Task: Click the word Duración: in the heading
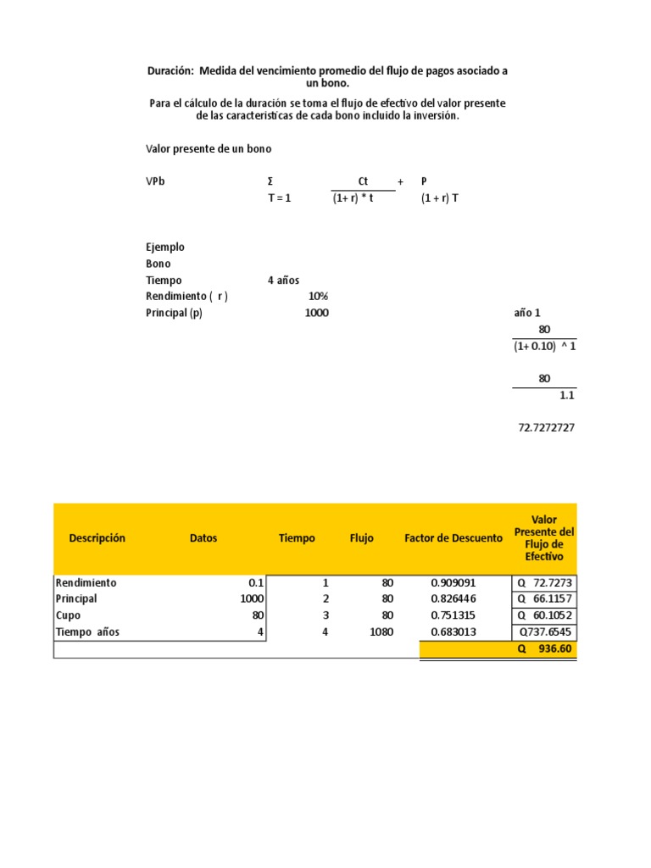click(170, 71)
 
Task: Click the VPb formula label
click(155, 181)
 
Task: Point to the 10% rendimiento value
click(318, 296)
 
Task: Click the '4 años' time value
click(283, 280)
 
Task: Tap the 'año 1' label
click(527, 313)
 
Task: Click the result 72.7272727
click(546, 428)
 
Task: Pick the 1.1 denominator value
click(567, 395)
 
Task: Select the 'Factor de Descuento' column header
click(453, 538)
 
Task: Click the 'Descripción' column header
click(97, 538)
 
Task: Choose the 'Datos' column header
click(203, 538)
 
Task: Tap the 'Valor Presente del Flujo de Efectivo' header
click(543, 538)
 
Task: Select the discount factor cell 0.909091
click(453, 583)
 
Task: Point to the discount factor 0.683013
click(453, 632)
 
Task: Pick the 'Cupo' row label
click(70, 616)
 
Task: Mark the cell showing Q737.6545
click(544, 632)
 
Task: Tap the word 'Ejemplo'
click(165, 248)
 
